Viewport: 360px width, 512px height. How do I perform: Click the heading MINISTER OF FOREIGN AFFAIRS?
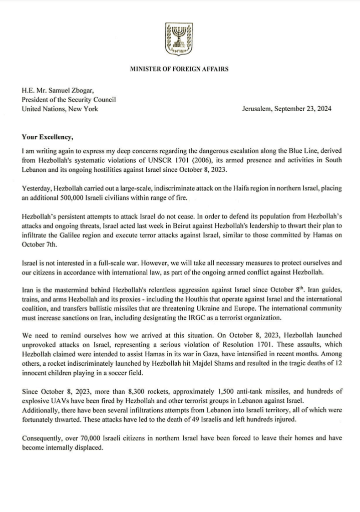click(x=179, y=69)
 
